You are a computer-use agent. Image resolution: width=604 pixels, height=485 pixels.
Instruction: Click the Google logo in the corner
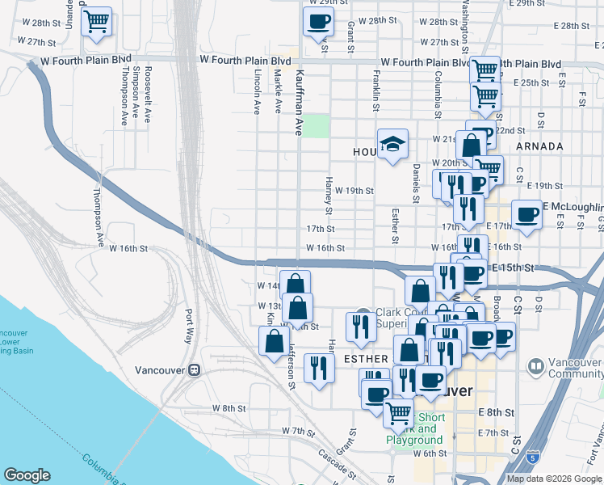27,475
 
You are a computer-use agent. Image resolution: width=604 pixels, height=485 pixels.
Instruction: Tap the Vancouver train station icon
194,369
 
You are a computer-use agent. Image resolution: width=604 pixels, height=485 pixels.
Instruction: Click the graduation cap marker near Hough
392,144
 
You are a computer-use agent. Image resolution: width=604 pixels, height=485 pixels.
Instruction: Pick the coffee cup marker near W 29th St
318,21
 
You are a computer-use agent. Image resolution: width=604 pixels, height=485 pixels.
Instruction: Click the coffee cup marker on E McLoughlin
526,215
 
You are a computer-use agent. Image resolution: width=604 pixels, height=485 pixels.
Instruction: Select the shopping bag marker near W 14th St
296,283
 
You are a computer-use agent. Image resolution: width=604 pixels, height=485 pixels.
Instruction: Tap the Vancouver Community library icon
535,367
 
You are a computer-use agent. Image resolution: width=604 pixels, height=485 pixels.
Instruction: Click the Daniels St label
416,182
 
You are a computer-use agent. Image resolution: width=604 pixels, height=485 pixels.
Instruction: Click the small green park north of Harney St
317,126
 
